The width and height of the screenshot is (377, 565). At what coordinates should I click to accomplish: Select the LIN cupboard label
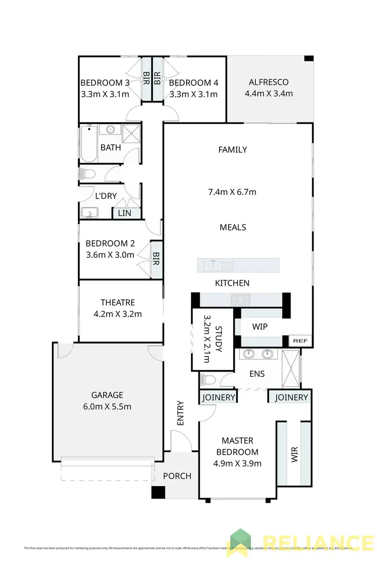coord(124,213)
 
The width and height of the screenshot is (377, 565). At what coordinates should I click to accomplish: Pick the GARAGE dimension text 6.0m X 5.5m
coord(107,406)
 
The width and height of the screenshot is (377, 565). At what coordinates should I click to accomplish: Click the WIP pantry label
coord(259,327)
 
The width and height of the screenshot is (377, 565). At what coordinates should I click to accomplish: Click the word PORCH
coord(177,476)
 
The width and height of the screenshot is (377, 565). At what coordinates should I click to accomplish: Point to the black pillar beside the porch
coord(158,492)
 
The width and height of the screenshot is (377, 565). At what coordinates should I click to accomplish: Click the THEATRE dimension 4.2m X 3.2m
coord(118,314)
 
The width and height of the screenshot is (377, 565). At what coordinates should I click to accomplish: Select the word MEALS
coord(233,227)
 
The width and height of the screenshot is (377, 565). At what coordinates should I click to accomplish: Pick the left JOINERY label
coord(218,397)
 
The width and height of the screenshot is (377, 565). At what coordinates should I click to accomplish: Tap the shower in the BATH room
coord(131,133)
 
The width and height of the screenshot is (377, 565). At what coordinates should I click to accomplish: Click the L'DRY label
coord(106,196)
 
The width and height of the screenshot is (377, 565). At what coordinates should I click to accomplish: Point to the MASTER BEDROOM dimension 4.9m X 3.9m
coord(237,464)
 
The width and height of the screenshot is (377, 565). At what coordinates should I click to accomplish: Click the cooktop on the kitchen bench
coord(240,300)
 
